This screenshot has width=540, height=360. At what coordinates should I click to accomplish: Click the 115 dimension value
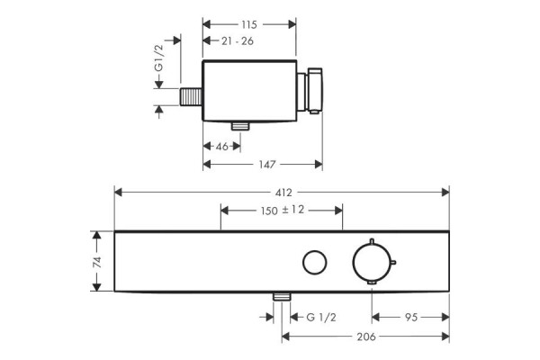coord(249,25)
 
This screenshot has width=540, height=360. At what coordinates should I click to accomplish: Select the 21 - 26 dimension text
coord(238,41)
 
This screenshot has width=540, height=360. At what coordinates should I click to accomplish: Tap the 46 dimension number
coord(221,147)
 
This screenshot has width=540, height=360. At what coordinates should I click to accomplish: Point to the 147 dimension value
coord(267,165)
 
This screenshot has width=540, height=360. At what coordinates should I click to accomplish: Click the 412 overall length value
coord(283,193)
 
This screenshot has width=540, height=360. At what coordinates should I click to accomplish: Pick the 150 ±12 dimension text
coord(283,210)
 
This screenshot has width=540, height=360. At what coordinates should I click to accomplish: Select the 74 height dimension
coord(97,262)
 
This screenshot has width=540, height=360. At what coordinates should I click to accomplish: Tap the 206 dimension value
coord(366,337)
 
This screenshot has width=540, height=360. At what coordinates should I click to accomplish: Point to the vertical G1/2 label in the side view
coord(158,58)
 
